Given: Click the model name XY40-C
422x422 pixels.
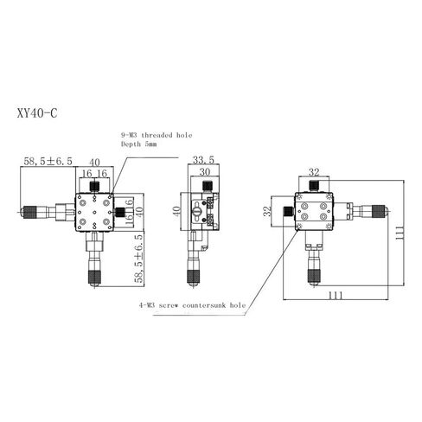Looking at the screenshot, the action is pyautogui.click(x=37, y=113).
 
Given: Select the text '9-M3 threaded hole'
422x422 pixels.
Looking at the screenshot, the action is pyautogui.click(x=157, y=135).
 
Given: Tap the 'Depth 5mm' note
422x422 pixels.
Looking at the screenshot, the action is pyautogui.click(x=139, y=144).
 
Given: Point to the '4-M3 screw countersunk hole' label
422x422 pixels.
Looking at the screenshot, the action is pyautogui.click(x=193, y=305).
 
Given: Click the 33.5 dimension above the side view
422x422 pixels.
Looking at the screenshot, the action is pyautogui.click(x=203, y=159).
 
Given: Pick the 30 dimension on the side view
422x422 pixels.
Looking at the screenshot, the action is pyautogui.click(x=205, y=172).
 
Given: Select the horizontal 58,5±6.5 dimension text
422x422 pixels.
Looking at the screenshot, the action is pyautogui.click(x=48, y=161).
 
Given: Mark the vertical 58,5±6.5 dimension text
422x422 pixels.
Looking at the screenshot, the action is pyautogui.click(x=138, y=259).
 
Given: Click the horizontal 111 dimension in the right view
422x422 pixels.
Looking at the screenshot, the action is pyautogui.click(x=336, y=295).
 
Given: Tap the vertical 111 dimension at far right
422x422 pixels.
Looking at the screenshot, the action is pyautogui.click(x=400, y=233).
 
